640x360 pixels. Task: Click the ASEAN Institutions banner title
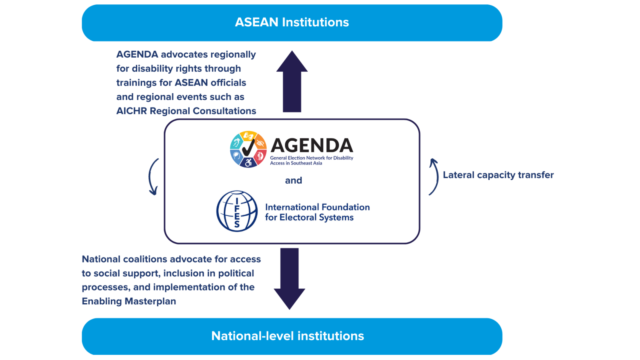click(x=292, y=22)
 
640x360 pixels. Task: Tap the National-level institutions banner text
click(x=288, y=336)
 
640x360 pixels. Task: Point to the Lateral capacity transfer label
click(x=498, y=175)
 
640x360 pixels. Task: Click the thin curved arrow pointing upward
click(x=434, y=176)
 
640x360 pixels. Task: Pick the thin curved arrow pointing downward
click(x=153, y=176)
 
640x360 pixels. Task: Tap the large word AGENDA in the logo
click(x=312, y=146)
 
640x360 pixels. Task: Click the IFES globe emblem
click(x=237, y=211)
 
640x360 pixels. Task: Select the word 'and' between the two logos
click(x=293, y=180)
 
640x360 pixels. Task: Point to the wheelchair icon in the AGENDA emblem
click(x=248, y=162)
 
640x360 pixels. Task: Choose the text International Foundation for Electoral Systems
click(x=317, y=212)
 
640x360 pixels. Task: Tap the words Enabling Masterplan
click(x=129, y=301)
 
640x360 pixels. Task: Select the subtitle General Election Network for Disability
click(x=312, y=158)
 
